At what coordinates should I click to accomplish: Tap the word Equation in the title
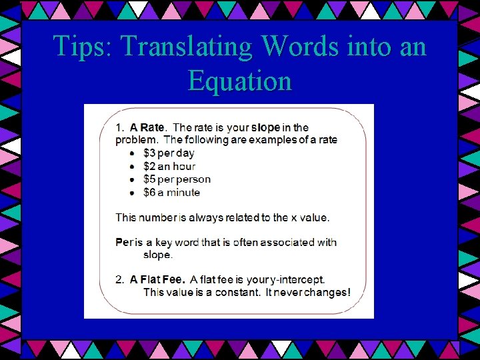pos(240,81)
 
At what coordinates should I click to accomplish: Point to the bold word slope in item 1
pos(265,127)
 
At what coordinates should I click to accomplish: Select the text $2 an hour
pos(169,167)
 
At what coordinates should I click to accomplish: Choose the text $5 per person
pos(177,179)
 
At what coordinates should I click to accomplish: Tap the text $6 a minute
pos(171,193)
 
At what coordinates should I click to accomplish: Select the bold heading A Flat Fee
pos(157,279)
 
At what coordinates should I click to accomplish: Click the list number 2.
pos(119,279)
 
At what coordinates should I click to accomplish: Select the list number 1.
pos(119,127)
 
